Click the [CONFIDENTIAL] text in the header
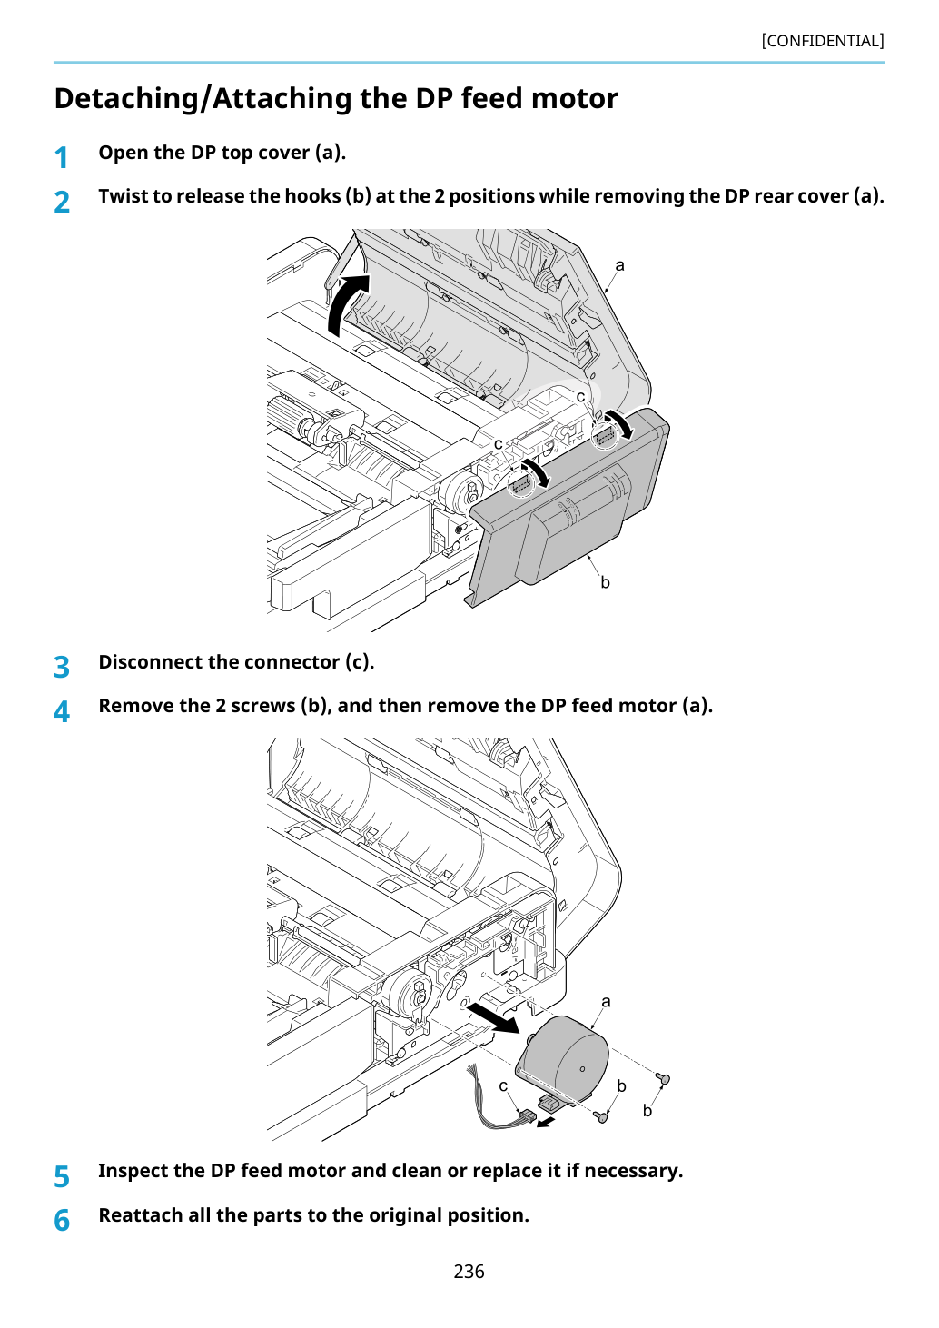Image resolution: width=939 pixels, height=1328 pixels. pyautogui.click(x=822, y=41)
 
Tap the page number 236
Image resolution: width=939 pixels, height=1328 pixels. pyautogui.click(x=469, y=1271)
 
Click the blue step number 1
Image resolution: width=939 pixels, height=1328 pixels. pyautogui.click(x=62, y=158)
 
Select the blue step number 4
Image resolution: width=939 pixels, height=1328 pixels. pyautogui.click(x=62, y=711)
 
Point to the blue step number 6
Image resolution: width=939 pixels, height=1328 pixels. pyautogui.click(x=62, y=1220)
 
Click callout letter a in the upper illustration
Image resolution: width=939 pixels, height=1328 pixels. pyautogui.click(x=619, y=265)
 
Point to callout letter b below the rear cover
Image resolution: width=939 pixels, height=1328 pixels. pyautogui.click(x=605, y=583)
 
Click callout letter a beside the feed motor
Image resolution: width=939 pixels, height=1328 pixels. pyautogui.click(x=606, y=1002)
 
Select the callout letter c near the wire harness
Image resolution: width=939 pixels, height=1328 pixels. pyautogui.click(x=503, y=1086)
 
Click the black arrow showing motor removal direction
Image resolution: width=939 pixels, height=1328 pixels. pyautogui.click(x=493, y=1018)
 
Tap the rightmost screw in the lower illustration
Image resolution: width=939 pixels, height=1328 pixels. pyautogui.click(x=663, y=1078)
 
